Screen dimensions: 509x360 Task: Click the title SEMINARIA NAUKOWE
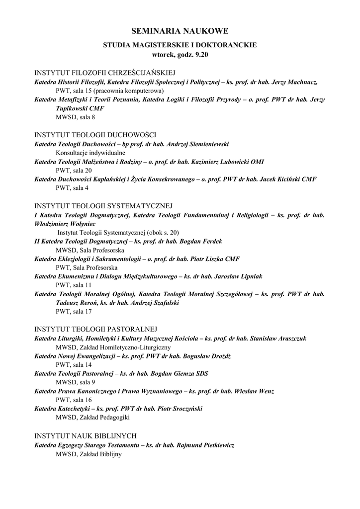[x=180, y=31]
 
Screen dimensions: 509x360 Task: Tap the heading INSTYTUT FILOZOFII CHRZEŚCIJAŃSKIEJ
[x=105, y=73]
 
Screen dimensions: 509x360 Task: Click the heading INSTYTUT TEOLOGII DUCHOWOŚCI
[x=95, y=135]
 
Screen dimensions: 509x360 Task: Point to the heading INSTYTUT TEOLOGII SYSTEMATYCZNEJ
[x=103, y=206]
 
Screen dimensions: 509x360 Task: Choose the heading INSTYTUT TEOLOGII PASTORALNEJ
[x=95, y=329]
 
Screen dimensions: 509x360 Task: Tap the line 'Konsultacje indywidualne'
[x=90, y=153]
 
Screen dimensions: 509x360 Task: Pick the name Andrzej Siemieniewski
[x=197, y=144]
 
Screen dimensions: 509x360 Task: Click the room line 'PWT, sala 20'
[x=74, y=170]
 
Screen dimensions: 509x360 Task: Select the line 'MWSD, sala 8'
[x=75, y=117]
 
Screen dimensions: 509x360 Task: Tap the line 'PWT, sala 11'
[x=74, y=285]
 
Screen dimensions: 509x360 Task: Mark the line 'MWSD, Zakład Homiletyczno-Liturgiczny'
[x=113, y=346]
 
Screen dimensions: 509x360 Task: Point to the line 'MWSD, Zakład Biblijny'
[x=89, y=453]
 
